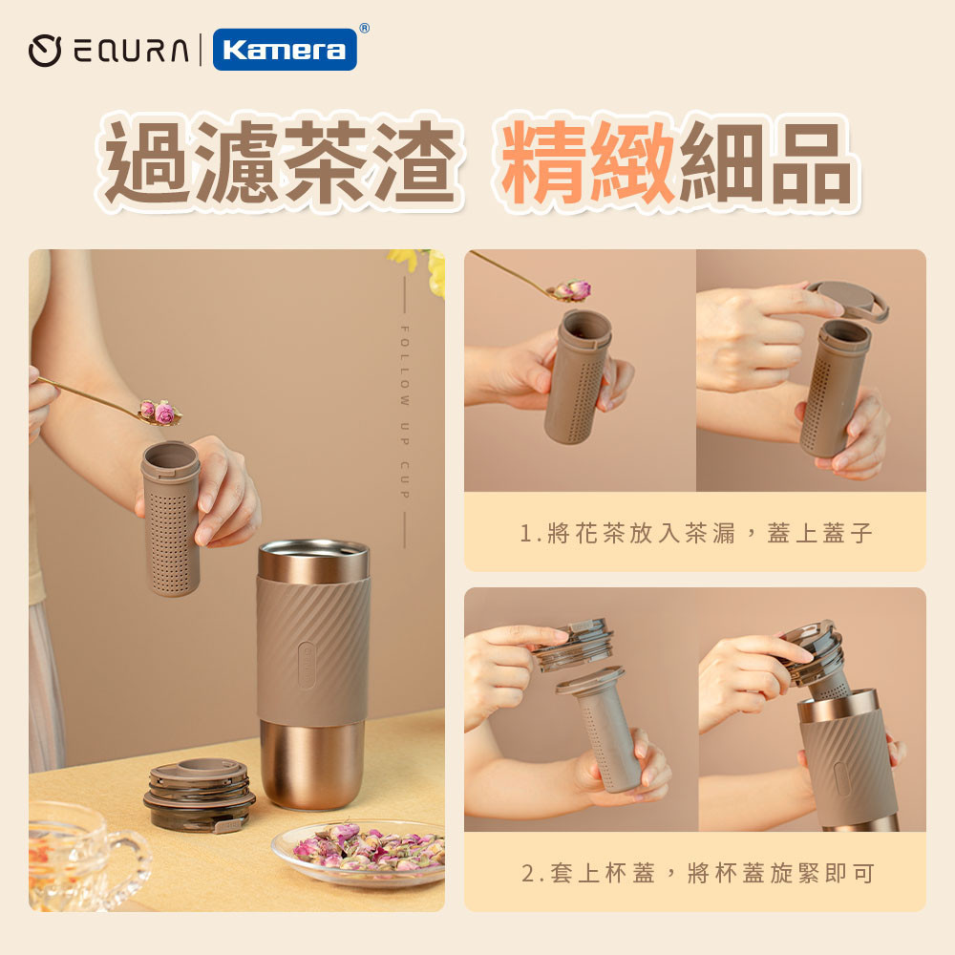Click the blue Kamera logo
click(x=285, y=50)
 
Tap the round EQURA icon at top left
click(x=46, y=51)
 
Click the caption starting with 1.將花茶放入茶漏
click(x=696, y=533)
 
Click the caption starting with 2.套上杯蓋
click(x=696, y=872)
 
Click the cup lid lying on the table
click(x=199, y=794)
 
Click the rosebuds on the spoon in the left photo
click(x=159, y=412)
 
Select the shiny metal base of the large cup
click(x=311, y=763)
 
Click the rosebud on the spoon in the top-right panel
click(x=573, y=289)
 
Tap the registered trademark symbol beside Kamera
click(x=364, y=30)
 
